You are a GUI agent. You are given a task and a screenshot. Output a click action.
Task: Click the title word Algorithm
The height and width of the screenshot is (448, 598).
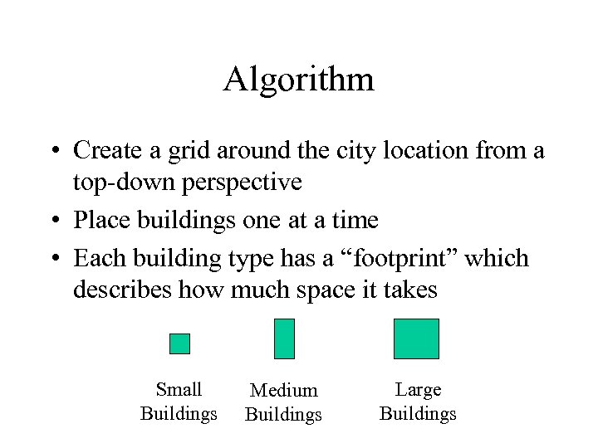click(x=298, y=80)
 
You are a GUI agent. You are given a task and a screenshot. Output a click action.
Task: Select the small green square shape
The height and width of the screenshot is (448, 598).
click(x=179, y=343)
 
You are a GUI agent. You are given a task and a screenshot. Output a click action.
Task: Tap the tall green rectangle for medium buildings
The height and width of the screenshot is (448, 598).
click(x=284, y=338)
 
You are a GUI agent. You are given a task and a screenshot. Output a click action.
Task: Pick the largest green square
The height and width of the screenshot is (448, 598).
click(x=416, y=338)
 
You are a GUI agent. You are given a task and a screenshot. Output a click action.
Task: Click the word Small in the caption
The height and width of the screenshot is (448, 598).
click(x=179, y=389)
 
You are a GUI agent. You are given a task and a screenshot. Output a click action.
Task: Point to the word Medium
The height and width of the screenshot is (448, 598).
click(x=284, y=390)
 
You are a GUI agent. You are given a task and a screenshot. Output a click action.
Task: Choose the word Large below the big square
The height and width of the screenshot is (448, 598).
click(x=418, y=389)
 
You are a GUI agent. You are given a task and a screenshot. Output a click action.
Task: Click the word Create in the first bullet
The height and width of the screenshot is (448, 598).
click(x=107, y=150)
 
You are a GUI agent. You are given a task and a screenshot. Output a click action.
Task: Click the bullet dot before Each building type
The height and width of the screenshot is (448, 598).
click(x=54, y=259)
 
